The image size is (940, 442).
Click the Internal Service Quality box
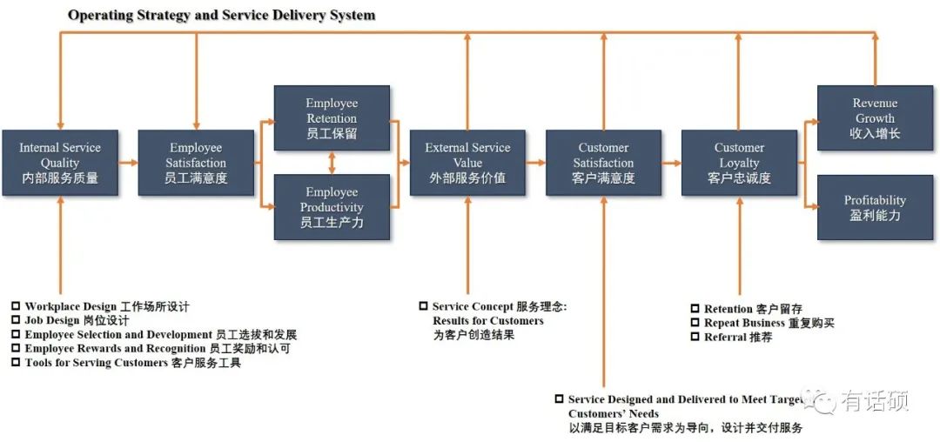[x=59, y=163]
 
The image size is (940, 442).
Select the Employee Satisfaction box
[x=196, y=163]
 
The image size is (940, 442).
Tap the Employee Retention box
[x=332, y=118]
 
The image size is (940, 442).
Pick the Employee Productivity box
[x=332, y=207]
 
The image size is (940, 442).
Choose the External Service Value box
[x=467, y=163]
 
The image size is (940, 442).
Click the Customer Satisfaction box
[x=603, y=163]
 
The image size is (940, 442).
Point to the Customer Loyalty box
[x=739, y=163]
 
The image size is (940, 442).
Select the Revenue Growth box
[x=875, y=118]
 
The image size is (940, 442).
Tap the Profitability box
[x=875, y=207]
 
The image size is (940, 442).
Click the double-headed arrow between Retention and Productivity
[x=332, y=163]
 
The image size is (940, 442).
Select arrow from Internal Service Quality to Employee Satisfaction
[x=128, y=163]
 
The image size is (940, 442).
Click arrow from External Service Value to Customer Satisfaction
[x=535, y=163]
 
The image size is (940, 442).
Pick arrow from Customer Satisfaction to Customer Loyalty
[x=671, y=163]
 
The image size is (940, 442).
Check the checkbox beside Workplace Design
[x=16, y=306]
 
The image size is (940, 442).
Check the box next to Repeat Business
[x=695, y=323]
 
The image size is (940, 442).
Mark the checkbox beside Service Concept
[x=423, y=306]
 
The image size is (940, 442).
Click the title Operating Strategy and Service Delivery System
[x=222, y=15]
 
